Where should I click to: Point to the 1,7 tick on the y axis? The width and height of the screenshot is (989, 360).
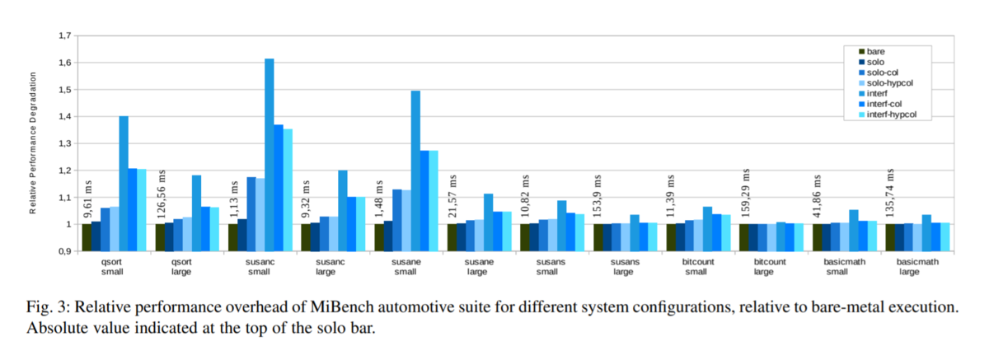[63, 36]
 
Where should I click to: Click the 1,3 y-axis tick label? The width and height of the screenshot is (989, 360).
[63, 144]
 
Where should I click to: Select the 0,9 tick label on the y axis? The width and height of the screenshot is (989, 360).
[63, 252]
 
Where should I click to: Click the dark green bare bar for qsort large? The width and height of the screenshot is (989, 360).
[160, 237]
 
